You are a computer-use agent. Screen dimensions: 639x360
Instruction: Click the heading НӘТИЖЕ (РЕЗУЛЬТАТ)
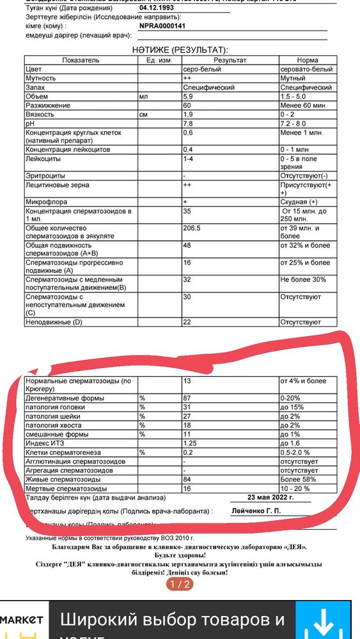click(180, 49)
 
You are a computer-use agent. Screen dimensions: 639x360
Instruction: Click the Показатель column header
click(81, 59)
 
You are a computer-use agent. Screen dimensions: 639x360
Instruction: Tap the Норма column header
click(307, 59)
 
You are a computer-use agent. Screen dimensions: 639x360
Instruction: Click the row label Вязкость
click(40, 114)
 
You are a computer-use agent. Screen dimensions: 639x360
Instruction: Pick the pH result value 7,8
click(188, 123)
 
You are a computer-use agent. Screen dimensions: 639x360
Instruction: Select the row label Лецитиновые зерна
click(57, 185)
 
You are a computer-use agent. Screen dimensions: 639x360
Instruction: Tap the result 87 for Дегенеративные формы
click(188, 398)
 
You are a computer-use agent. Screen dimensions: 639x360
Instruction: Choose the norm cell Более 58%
click(299, 479)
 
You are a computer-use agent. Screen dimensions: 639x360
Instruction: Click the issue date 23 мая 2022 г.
click(270, 497)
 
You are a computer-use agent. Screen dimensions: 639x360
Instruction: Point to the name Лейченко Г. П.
click(255, 511)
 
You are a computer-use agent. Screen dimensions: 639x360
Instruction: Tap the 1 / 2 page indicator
click(180, 584)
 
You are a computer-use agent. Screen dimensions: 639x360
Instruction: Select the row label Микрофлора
click(47, 202)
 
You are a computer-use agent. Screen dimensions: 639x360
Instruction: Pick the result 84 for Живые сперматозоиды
click(188, 479)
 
